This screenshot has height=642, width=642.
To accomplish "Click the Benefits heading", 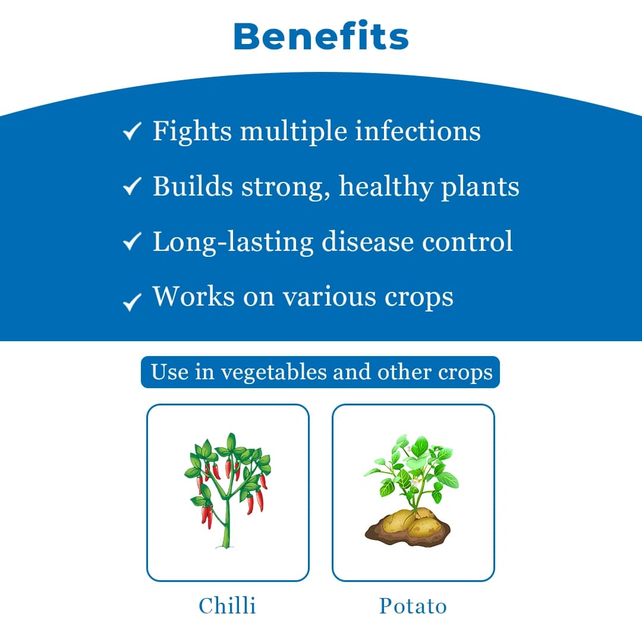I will click(321, 37).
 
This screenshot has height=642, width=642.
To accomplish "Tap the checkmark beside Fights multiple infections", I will click(131, 132).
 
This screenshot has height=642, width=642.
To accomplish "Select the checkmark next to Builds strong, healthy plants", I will click(131, 187).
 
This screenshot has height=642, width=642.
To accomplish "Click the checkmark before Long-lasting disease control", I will click(131, 242).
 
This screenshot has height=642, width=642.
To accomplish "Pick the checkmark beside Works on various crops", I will click(131, 302).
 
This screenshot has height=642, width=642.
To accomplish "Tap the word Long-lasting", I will click(233, 242).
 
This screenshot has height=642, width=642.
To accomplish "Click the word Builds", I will click(193, 186).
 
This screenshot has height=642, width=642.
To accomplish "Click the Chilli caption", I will click(228, 606).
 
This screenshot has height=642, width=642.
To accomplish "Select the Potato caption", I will click(413, 606).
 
